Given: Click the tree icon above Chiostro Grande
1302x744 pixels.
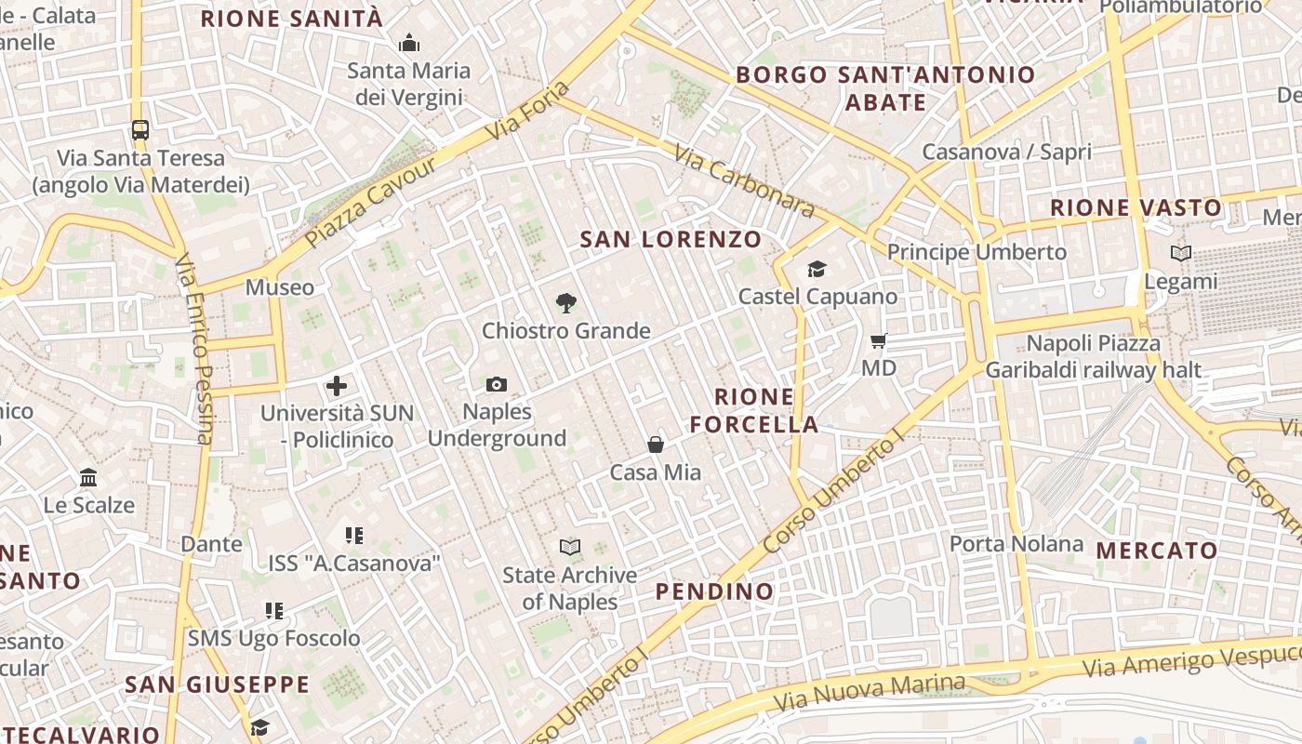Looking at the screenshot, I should click(x=565, y=303).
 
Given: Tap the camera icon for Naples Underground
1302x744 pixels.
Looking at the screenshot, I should click(x=497, y=384).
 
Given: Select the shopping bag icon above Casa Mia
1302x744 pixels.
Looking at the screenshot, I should click(x=656, y=445).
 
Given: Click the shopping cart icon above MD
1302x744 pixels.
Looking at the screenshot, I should click(x=879, y=341).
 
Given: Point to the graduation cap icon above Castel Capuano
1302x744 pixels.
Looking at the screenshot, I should click(x=817, y=269).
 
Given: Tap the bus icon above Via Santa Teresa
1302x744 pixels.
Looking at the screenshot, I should click(x=140, y=130).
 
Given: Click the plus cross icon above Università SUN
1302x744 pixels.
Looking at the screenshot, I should click(x=337, y=385).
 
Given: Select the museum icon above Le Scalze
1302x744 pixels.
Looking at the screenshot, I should click(x=88, y=477).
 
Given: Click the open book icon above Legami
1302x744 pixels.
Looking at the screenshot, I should click(x=1180, y=253).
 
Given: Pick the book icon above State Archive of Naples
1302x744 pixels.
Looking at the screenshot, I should click(x=570, y=548).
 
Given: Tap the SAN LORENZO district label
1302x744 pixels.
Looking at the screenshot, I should click(x=671, y=239).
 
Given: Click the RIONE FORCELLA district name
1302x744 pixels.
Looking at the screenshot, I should click(x=754, y=411).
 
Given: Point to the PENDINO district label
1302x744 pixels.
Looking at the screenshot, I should click(x=714, y=591).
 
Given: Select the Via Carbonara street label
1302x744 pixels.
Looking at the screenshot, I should click(x=744, y=181).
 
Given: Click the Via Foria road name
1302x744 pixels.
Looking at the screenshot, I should click(x=527, y=113).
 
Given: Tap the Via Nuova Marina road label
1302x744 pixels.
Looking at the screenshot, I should click(x=870, y=690).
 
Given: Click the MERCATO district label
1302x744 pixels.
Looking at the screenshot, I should click(x=1157, y=551).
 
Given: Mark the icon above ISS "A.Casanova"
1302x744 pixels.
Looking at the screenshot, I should click(x=353, y=535).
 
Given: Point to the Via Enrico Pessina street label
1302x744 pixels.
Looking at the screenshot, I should click(x=194, y=349).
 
